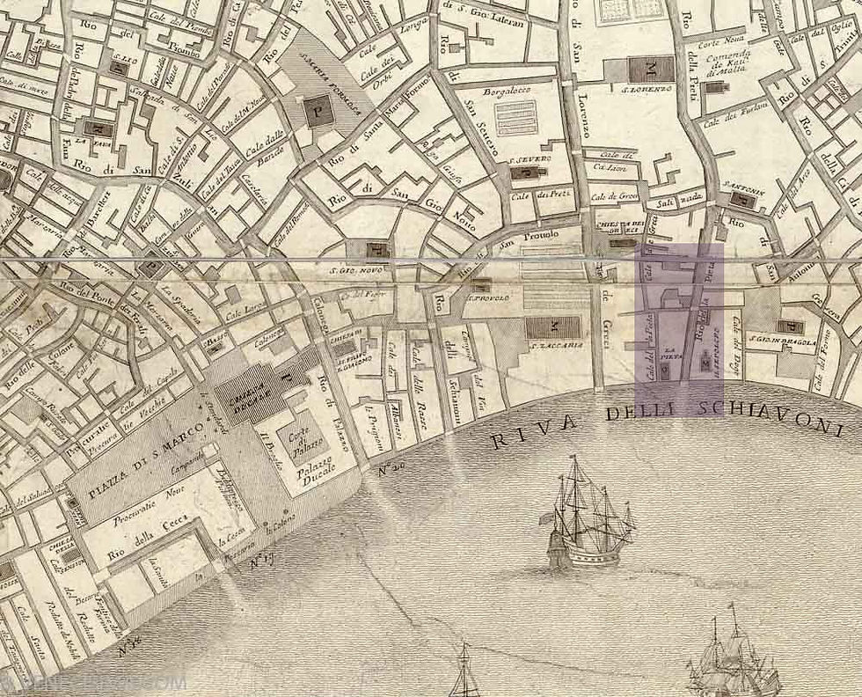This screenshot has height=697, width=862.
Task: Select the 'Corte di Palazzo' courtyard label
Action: click(296, 437)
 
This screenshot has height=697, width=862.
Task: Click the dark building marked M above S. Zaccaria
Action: click(552, 327)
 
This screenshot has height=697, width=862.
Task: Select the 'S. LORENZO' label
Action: click(648, 89)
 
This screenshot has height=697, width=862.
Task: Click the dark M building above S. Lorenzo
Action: click(651, 69)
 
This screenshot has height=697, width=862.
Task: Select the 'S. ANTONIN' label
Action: click(742, 187)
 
